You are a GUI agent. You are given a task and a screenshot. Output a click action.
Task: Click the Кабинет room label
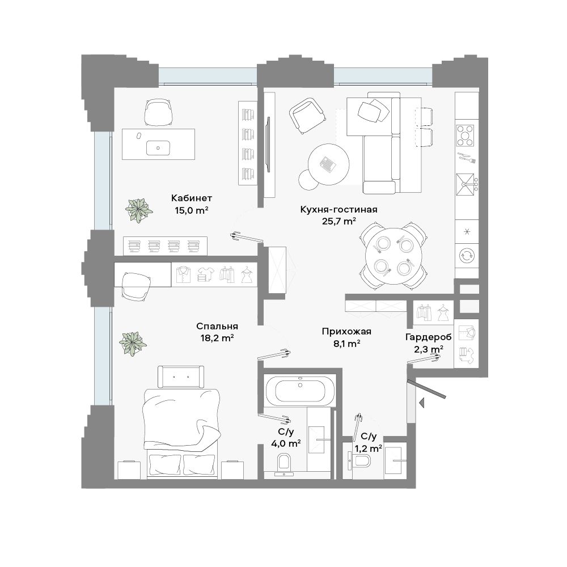coord(191,198)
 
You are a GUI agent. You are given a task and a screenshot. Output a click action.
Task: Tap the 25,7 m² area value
coord(339,221)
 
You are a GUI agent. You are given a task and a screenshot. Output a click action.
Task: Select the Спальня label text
coord(217,326)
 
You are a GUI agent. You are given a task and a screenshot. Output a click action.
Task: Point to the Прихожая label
coord(346,332)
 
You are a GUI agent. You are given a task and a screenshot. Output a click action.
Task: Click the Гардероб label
coord(428,337)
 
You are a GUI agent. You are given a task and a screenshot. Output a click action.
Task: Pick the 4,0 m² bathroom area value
coord(286,443)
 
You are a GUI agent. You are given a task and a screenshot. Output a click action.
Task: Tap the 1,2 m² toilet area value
coord(368,448)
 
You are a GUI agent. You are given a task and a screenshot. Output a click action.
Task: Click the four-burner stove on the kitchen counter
coord(465,136)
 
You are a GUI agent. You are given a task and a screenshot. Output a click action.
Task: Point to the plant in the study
coord(138,210)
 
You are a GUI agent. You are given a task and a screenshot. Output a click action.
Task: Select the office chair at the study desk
coord(158,112)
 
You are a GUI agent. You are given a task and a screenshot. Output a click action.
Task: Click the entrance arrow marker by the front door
coord(421,402)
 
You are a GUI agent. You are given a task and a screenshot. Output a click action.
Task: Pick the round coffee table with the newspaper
coord(329,164)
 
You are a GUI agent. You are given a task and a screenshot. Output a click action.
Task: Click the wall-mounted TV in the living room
coord(268,145)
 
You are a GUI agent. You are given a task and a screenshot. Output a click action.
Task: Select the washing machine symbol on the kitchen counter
coord(467,256)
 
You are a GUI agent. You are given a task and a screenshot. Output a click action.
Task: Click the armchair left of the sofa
coord(307,116)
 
